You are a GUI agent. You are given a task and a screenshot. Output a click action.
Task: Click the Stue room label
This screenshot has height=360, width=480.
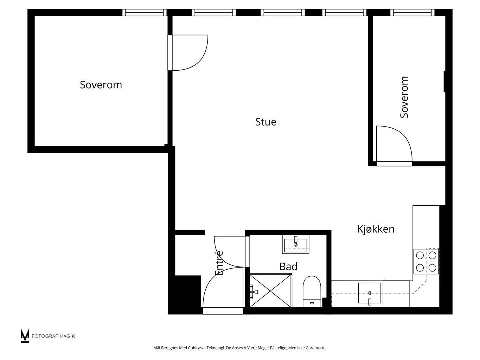click(266, 122)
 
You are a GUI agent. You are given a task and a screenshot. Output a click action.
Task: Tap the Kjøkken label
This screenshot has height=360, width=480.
click(376, 229)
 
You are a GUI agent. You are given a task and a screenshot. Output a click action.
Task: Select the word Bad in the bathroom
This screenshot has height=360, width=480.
click(288, 266)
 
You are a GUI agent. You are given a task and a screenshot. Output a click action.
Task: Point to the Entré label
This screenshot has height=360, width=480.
click(219, 263)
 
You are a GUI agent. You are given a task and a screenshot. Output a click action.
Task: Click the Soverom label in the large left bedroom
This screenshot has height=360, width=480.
click(101, 85)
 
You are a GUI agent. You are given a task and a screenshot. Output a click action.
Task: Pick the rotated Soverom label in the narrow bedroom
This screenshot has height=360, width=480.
click(404, 97)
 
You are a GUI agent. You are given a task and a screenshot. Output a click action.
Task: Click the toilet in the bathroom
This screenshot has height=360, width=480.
click(312, 291)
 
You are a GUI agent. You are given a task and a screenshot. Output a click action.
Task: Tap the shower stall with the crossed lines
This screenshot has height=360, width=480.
click(271, 290)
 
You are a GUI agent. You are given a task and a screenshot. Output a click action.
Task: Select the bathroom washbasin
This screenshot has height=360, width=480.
click(296, 244)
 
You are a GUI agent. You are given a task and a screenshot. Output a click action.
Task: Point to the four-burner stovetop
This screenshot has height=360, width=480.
click(426, 262)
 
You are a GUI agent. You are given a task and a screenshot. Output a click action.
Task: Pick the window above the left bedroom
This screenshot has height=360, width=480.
click(144, 12)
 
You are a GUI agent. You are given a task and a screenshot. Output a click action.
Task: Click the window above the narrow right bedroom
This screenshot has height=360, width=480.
click(412, 12)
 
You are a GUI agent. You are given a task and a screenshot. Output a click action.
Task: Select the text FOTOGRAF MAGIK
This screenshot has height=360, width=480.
click(53, 336)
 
